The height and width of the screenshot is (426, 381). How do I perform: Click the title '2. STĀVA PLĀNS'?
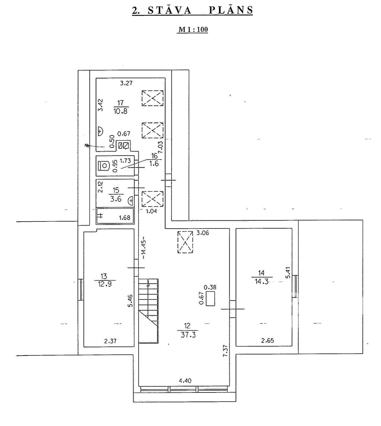click(x=193, y=10)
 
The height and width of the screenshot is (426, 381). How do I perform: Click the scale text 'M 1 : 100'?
click(x=193, y=29)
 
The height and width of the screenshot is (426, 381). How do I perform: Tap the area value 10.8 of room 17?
click(x=121, y=111)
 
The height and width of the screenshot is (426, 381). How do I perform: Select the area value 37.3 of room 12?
click(x=188, y=335)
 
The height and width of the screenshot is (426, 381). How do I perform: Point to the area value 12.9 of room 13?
click(x=105, y=284)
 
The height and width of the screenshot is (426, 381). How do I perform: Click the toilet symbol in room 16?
click(x=104, y=165)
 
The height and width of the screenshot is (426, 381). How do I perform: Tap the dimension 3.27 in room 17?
click(x=127, y=83)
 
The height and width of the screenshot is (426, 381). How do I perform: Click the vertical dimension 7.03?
click(x=160, y=147)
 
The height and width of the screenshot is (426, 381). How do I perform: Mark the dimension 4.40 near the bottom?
click(x=185, y=381)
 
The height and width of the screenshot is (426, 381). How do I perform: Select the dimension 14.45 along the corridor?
click(x=143, y=249)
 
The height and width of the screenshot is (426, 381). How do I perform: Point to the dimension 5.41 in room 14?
click(x=288, y=272)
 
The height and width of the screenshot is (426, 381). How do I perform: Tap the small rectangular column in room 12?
click(x=211, y=298)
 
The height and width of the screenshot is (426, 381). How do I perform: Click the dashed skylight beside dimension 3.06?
click(x=185, y=242)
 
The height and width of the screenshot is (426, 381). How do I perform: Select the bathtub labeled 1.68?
click(x=115, y=216)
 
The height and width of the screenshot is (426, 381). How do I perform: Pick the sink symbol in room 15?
click(x=131, y=200)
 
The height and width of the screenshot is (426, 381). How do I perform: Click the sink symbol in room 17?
click(x=100, y=131)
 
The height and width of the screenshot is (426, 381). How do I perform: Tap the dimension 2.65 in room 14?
click(x=268, y=340)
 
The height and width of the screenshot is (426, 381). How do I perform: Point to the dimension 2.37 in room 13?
click(x=110, y=341)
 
